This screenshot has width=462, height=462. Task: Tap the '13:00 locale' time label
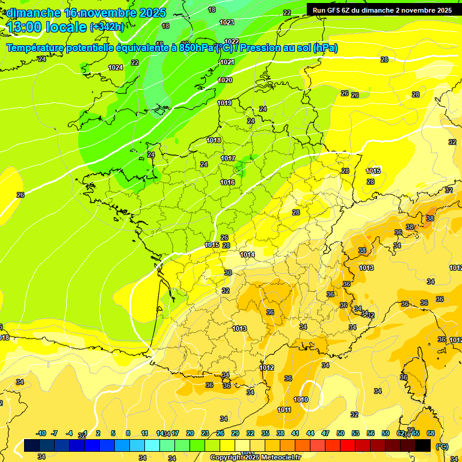[x=46, y=27]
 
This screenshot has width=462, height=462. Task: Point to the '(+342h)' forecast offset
[x=106, y=27]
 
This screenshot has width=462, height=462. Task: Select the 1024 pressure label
[x=115, y=67]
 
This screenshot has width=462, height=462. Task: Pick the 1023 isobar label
[x=227, y=22]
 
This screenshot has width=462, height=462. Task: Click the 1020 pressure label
[x=225, y=80]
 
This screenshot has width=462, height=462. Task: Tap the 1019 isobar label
[x=224, y=103]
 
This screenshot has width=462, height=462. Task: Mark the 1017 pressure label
[x=227, y=158]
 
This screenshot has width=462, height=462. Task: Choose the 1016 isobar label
[x=227, y=182]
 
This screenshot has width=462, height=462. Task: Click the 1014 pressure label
[x=247, y=254]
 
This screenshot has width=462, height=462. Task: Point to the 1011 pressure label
[x=285, y=410]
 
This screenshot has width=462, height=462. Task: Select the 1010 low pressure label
[x=301, y=399]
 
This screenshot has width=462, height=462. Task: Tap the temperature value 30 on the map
[x=227, y=273]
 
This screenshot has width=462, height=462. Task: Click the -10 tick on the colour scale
[x=41, y=433]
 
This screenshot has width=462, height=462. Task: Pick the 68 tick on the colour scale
[x=431, y=433]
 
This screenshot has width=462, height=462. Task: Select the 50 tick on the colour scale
[x=340, y=433]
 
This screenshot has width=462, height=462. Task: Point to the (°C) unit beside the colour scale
[x=442, y=446]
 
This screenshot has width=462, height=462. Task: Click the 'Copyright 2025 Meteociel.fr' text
[x=255, y=457]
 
